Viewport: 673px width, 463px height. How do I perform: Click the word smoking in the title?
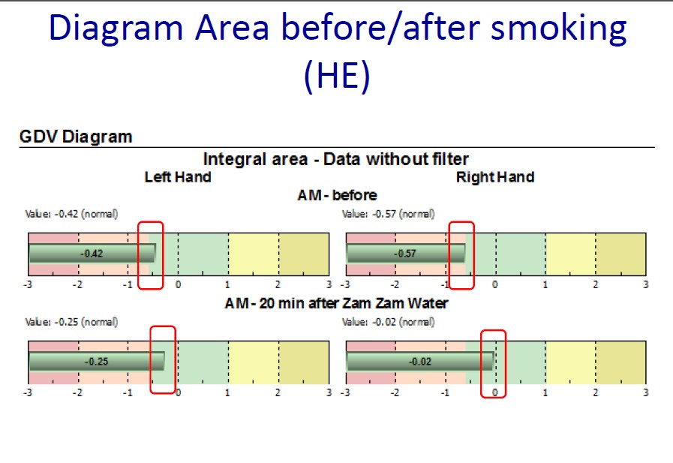[x=558, y=29]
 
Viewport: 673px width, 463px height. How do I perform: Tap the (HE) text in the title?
[x=337, y=75]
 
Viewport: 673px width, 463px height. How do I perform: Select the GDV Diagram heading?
[x=76, y=137]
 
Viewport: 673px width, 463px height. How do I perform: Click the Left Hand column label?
[x=178, y=177]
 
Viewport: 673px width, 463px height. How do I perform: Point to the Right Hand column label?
[x=495, y=177]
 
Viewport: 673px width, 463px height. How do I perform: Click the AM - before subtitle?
[x=338, y=195]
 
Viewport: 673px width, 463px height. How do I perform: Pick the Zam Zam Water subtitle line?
[x=336, y=303]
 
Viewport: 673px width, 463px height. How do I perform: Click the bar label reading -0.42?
[x=92, y=254]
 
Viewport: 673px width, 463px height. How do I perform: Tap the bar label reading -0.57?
[x=405, y=254]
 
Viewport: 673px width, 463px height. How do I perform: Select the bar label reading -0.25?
[x=97, y=362]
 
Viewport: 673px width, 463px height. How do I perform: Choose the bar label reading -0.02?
[x=420, y=362]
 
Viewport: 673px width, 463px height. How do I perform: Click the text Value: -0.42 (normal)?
[x=72, y=214]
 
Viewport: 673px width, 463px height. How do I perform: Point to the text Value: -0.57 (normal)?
[x=389, y=214]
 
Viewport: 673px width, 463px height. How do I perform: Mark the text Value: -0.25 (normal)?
[x=72, y=322]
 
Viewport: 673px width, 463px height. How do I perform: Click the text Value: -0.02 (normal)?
[x=389, y=322]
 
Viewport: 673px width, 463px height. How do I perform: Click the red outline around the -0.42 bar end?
[x=139, y=255]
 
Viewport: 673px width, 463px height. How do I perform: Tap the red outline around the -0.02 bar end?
[x=481, y=364]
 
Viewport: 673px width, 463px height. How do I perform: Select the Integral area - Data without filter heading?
[x=335, y=159]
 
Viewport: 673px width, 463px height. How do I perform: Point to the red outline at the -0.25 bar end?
[x=151, y=359]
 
